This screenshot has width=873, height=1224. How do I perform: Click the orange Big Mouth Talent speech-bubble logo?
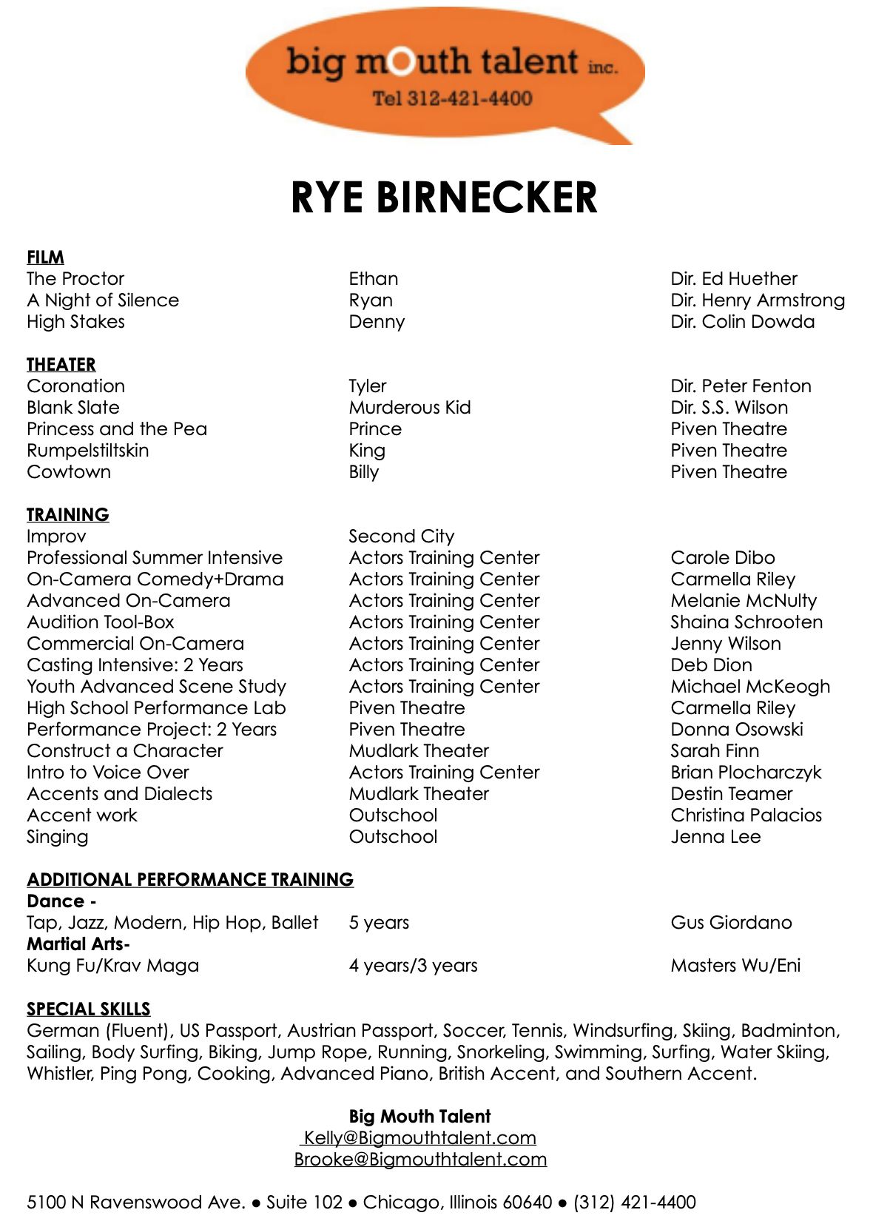[x=444, y=74]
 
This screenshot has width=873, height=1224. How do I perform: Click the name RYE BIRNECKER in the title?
[x=444, y=198]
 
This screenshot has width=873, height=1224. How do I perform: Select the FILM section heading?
[x=45, y=257]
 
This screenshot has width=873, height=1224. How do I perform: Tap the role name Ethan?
[x=373, y=279]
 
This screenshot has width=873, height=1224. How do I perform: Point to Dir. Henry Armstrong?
[x=757, y=300]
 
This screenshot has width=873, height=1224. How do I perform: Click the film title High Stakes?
[x=75, y=322]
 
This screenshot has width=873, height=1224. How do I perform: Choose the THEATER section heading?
[x=61, y=364]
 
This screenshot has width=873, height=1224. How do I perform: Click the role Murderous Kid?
[x=409, y=408]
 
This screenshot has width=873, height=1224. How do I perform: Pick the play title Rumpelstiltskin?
[x=87, y=451]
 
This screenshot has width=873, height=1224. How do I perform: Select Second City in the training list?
[x=401, y=537]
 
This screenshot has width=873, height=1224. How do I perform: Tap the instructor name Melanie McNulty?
[x=743, y=601]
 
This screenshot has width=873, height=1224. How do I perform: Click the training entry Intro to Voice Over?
[x=107, y=773]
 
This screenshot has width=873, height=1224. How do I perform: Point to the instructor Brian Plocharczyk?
[x=746, y=773]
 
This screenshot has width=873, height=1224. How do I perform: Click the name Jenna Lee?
[x=715, y=837]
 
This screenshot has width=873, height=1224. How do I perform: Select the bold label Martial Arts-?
[x=78, y=944]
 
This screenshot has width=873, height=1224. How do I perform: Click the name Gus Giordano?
[x=730, y=923]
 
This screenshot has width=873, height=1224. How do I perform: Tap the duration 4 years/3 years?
[x=413, y=966]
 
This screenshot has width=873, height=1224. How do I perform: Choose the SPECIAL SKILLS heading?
[x=88, y=1009]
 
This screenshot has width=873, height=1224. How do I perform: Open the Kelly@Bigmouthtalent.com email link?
[x=419, y=1138]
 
